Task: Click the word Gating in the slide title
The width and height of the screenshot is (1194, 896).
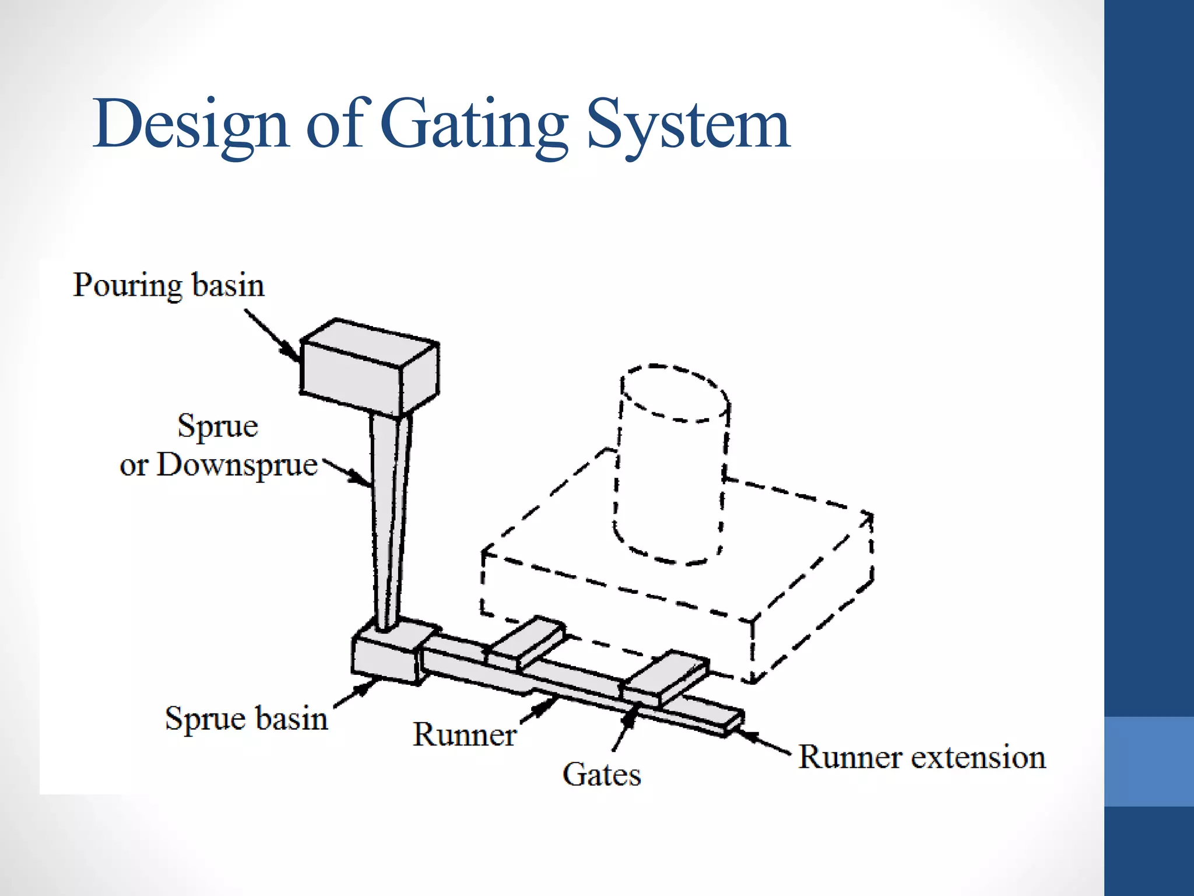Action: pos(475,124)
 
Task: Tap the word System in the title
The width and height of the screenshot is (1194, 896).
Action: pos(688,124)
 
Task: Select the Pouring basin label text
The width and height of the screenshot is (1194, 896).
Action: pos(168,285)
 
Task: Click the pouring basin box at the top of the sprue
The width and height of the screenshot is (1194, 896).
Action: pos(368,367)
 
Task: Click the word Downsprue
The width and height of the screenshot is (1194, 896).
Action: pos(237,466)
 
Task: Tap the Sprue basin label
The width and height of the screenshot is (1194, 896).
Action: pos(246,718)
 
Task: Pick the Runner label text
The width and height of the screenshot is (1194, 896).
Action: pos(464,734)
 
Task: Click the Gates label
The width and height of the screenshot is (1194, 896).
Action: pos(602,775)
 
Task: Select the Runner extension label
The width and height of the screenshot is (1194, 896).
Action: pos(922,758)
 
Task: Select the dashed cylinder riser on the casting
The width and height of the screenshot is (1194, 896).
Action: pos(670,467)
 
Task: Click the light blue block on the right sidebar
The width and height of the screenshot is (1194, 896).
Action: pos(1149,761)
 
